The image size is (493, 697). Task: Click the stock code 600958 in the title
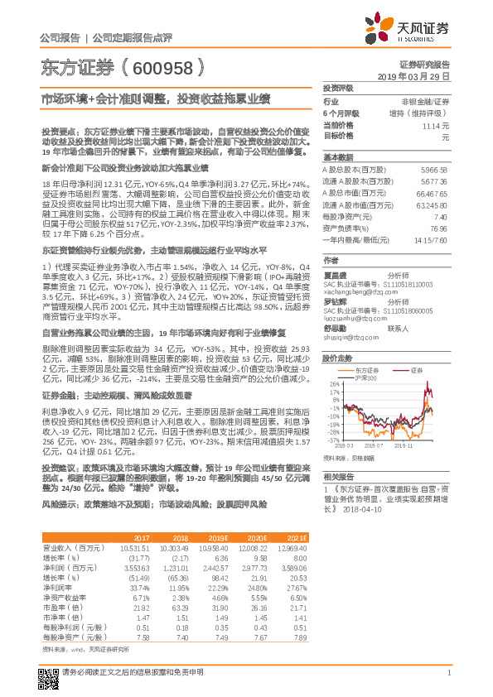click(165, 67)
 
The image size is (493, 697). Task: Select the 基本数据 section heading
click(338, 157)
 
